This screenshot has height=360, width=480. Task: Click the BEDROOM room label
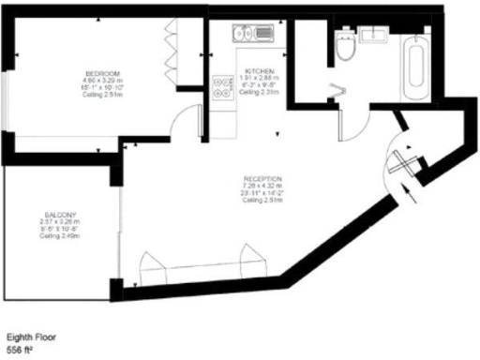click(x=102, y=73)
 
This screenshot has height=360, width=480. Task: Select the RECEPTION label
click(x=262, y=179)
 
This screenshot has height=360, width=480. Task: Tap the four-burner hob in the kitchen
click(x=223, y=86)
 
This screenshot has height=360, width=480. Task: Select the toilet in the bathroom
click(x=344, y=49)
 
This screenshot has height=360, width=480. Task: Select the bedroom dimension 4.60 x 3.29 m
click(x=103, y=81)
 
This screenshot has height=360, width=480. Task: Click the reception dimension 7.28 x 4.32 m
click(x=262, y=187)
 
